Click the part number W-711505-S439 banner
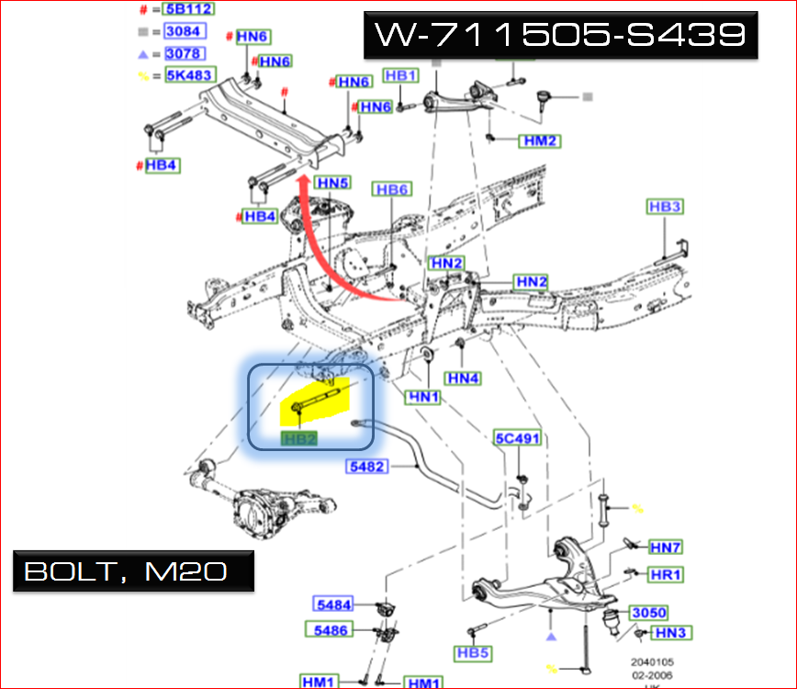[x=559, y=35]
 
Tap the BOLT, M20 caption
[x=126, y=570]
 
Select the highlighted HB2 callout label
[x=300, y=438]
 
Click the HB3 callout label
[x=664, y=208]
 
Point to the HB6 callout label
[x=391, y=189]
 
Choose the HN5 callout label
[x=333, y=183]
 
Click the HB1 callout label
[x=400, y=75]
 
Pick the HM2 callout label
[x=539, y=141]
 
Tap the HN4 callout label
[x=463, y=378]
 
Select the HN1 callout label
[x=424, y=397]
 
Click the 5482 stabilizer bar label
[x=368, y=467]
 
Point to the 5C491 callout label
[x=517, y=438]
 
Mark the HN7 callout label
[x=666, y=548]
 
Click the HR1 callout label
[x=666, y=575]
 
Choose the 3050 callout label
[x=648, y=613]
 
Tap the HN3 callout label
[x=671, y=633]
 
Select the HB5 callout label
[x=472, y=653]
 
